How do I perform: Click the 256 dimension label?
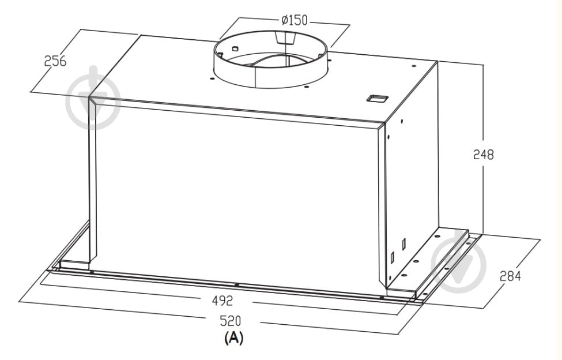click(x=55, y=61)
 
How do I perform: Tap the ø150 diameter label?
click(x=295, y=20)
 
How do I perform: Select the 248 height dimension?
click(x=483, y=155)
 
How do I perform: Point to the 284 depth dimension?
click(x=510, y=276)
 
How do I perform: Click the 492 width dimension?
click(x=222, y=301)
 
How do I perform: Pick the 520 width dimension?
click(x=231, y=321)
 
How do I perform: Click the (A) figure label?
click(x=233, y=337)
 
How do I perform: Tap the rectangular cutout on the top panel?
click(x=377, y=99)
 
